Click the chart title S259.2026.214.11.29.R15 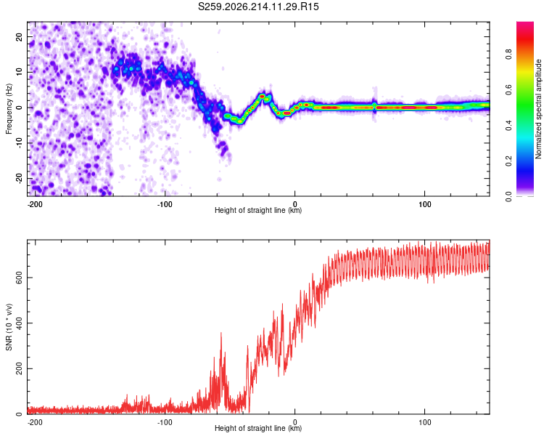tap(258, 7)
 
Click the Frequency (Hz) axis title tap(9, 109)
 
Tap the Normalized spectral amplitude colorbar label tap(538, 109)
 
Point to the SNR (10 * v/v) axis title tap(9, 327)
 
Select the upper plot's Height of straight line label tap(258, 210)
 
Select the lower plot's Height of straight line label tap(258, 428)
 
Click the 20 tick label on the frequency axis tap(19, 37)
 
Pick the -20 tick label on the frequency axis tap(19, 178)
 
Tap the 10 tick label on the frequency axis tap(19, 72)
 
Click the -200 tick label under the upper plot tap(34, 204)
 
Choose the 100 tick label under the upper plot tap(424, 204)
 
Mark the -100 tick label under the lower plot tap(165, 422)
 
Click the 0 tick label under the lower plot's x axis tap(295, 422)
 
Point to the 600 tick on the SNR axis tap(19, 278)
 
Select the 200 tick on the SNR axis tap(19, 368)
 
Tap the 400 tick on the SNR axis tap(19, 323)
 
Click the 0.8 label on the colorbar tap(508, 54)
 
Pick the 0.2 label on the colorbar tap(508, 161)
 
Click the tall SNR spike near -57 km tap(221, 333)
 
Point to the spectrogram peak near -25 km tap(263, 96)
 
